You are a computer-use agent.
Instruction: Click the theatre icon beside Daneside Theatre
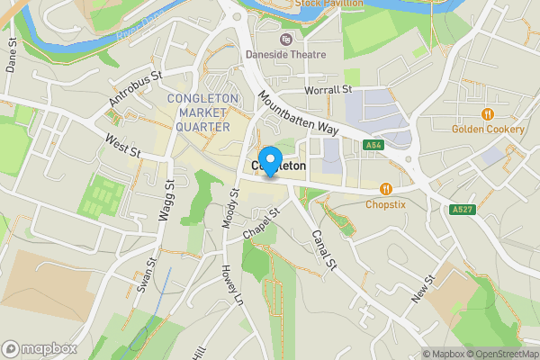[x=285, y=39]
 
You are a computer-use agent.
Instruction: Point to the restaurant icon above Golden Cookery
[x=487, y=114]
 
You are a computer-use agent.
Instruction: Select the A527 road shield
[x=462, y=209]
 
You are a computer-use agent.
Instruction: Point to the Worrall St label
[x=328, y=90]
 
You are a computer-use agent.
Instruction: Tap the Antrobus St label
[x=133, y=90]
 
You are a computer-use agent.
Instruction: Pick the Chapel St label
[x=262, y=223]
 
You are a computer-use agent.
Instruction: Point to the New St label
[x=423, y=289]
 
